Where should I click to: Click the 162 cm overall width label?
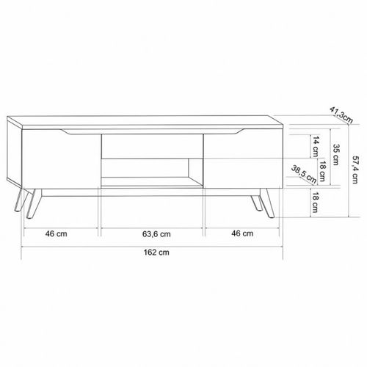tap(156, 252)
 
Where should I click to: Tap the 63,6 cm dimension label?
tap(156, 234)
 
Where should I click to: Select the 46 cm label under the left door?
tap(56, 233)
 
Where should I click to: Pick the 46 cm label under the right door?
tap(242, 233)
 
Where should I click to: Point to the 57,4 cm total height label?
tap(355, 170)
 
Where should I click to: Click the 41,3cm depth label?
tap(341, 115)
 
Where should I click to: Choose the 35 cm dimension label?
tap(336, 155)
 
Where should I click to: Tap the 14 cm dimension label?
tap(316, 147)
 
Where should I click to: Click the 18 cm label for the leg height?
tap(315, 203)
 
